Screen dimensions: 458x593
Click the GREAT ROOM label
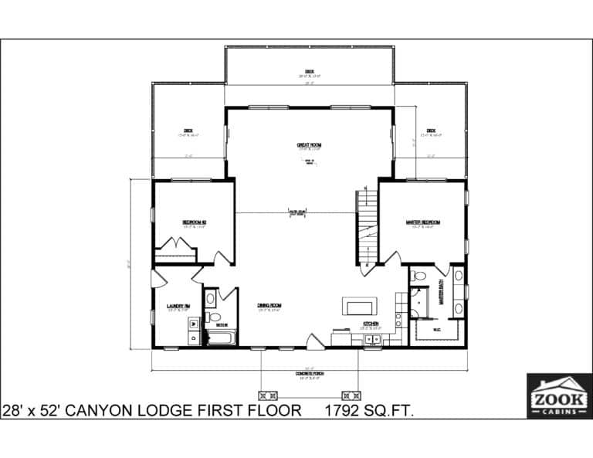tap(309, 144)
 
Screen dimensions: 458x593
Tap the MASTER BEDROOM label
tap(422, 222)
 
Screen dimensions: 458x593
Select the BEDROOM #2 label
tap(194, 222)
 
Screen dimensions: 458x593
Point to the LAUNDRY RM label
tap(178, 307)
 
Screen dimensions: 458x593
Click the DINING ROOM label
tap(269, 306)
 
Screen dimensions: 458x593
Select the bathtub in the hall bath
tap(220, 338)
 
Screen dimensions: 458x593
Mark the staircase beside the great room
tap(367, 225)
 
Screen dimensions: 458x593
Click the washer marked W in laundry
tap(192, 324)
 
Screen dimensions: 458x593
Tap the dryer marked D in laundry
tap(192, 338)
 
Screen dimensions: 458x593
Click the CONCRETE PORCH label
tap(310, 375)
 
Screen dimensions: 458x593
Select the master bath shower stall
tap(421, 303)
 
